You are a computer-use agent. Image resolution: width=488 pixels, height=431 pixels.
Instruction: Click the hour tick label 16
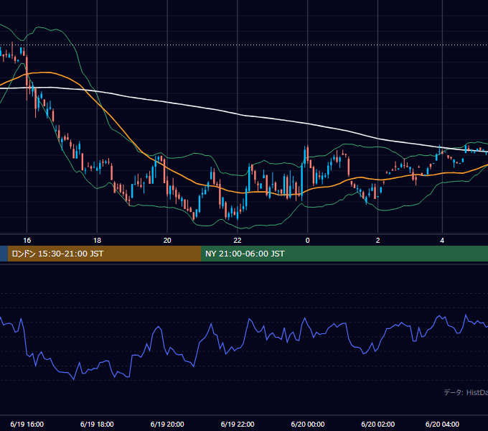click(27, 241)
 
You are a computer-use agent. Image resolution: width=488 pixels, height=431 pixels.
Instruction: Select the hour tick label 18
click(97, 241)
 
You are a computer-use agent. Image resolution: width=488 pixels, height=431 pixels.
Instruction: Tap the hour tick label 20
click(167, 241)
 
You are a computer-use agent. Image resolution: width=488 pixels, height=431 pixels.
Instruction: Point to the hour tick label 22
click(238, 241)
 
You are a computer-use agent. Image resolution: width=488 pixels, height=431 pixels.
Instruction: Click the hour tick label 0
click(307, 241)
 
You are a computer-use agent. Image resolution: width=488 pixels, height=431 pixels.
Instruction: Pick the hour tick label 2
click(377, 241)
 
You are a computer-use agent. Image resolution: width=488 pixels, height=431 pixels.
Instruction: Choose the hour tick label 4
click(442, 241)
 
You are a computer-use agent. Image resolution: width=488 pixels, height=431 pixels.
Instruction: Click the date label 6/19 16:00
click(27, 425)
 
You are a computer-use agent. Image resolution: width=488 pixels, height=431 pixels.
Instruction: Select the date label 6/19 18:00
click(97, 425)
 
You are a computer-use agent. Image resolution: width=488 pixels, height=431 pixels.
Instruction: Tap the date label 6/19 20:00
click(167, 425)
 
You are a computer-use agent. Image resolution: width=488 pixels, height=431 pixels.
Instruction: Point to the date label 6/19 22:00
click(238, 425)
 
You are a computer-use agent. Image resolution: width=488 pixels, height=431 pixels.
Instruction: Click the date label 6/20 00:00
click(308, 425)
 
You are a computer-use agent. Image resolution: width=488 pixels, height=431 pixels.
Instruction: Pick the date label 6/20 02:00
click(377, 425)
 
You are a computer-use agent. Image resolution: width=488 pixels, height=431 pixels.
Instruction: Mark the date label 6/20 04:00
click(442, 425)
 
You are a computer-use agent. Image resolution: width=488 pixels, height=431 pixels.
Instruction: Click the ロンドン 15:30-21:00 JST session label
click(57, 254)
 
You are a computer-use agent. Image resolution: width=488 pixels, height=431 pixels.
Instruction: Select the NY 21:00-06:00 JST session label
click(245, 254)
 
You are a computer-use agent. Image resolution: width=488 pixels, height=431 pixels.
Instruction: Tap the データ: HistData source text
click(466, 392)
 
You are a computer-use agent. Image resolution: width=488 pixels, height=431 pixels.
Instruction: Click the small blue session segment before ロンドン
click(4, 254)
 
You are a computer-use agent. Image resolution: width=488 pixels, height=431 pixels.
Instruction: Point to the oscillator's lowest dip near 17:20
click(74, 379)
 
